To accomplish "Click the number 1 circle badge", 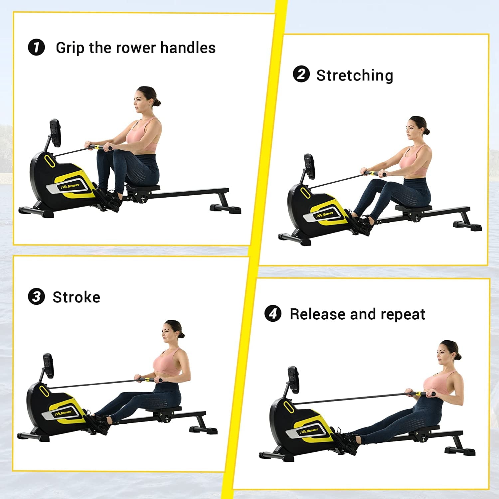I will coord(36,47).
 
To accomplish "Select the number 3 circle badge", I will coord(36,296).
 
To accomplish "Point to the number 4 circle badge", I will coord(273,313).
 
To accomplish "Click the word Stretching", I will coord(355,75).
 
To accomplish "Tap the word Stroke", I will coord(77,297).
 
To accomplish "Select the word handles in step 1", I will coord(188,48).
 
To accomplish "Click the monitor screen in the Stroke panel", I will coord(49,366).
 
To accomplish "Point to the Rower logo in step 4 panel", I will coord(309,431).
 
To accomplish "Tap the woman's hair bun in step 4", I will coord(458,357).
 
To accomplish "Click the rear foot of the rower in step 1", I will coord(226,209).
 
